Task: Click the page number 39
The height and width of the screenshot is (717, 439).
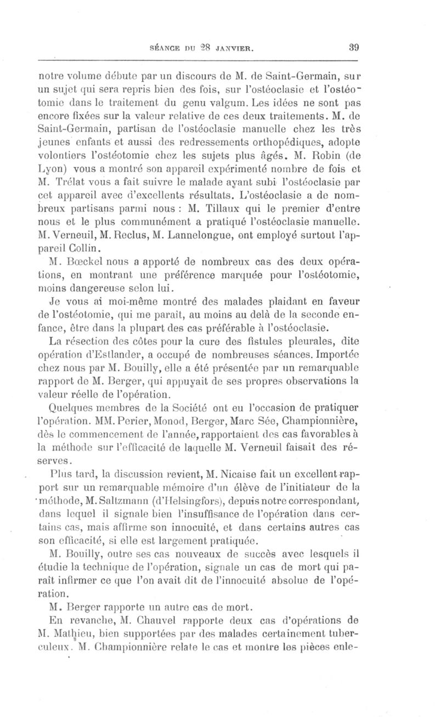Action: point(353,47)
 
